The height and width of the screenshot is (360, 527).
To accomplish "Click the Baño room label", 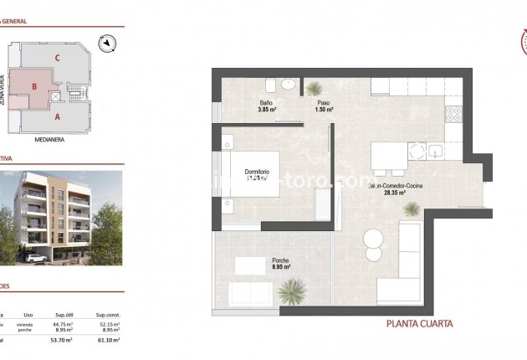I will pos(266,102).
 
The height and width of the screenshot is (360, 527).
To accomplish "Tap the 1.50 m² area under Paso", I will pos(325,110).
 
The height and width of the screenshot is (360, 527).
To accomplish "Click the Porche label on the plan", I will pos(280,261).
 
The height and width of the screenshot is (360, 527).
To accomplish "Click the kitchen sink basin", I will pos(435,152).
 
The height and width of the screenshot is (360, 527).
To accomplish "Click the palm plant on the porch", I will pos(292,291).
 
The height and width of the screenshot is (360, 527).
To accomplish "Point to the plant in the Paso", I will pos(314,88).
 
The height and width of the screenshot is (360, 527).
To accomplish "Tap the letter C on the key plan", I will pos(57,57).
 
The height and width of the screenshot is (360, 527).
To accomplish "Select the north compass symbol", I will pos(105,42).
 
